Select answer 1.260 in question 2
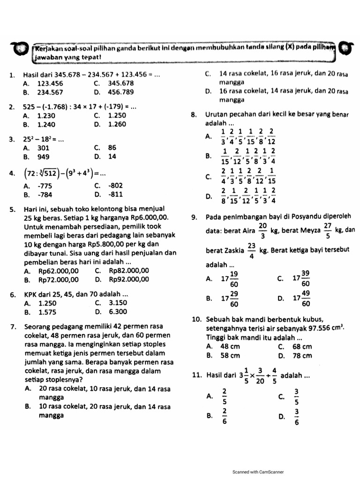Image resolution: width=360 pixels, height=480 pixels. [x=117, y=124]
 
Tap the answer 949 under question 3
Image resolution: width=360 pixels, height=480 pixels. [x=45, y=157]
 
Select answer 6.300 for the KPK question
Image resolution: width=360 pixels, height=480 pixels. [x=118, y=311]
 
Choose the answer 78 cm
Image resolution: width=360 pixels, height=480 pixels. [x=301, y=356]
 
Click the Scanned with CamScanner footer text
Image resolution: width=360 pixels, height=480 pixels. [x=258, y=472]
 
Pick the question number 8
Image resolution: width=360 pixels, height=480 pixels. [x=194, y=115]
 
